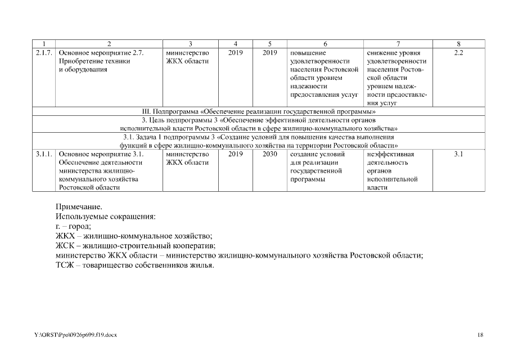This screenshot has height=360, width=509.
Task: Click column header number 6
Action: point(325,43)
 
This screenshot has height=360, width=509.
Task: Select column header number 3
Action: point(191,43)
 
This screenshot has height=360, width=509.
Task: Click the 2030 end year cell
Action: point(269,154)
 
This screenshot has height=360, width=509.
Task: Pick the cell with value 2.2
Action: point(458,52)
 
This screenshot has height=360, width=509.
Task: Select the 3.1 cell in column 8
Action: point(458,154)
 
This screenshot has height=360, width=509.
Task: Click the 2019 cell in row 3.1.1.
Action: point(236,154)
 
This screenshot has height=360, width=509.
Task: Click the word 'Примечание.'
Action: point(79,206)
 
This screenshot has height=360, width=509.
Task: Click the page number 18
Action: point(480,335)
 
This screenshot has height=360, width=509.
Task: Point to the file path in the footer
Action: point(75,335)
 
